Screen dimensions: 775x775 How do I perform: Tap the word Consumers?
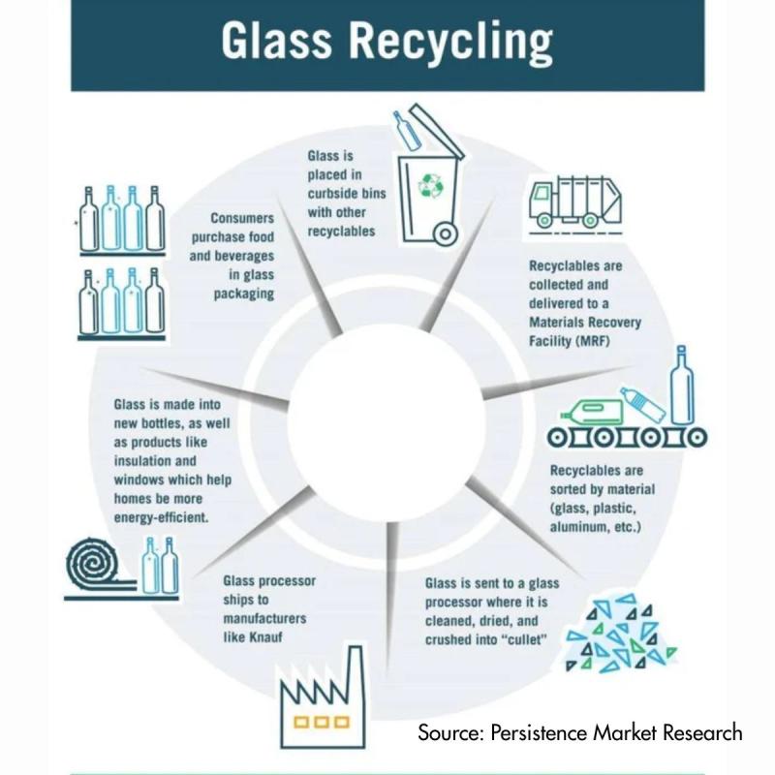[x=242, y=220]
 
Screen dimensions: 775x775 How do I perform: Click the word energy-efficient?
[x=169, y=516]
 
